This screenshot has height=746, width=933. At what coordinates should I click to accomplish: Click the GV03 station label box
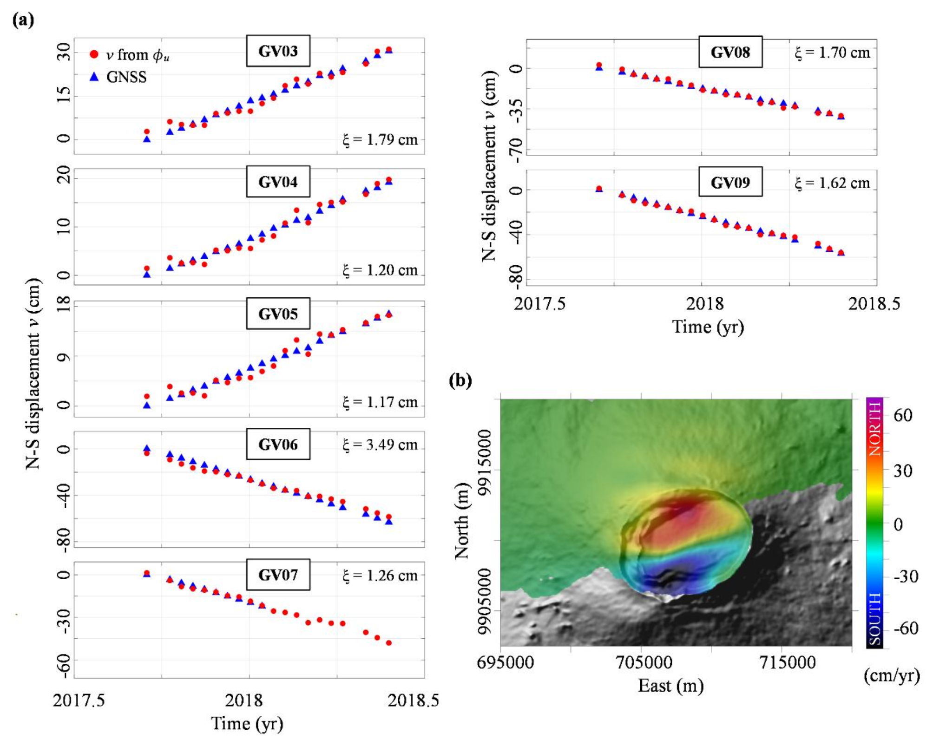click(x=278, y=51)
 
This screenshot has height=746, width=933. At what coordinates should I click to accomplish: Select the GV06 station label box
click(x=278, y=444)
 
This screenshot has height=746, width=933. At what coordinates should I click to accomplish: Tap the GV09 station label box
click(x=730, y=182)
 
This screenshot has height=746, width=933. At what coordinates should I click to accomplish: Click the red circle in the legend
click(x=94, y=54)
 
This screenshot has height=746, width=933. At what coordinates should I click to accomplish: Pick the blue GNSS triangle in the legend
click(x=94, y=77)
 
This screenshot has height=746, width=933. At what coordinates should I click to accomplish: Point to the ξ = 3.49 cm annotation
click(x=380, y=445)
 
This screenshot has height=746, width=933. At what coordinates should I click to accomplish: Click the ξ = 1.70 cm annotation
click(x=832, y=52)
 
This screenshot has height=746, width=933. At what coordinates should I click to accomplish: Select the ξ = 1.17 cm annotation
click(x=380, y=402)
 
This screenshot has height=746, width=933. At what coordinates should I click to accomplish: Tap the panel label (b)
click(x=460, y=380)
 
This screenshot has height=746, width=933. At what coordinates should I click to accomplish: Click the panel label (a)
click(x=23, y=20)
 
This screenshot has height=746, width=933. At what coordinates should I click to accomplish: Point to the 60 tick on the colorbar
click(x=902, y=415)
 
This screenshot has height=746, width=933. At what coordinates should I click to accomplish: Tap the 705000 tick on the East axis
click(x=644, y=662)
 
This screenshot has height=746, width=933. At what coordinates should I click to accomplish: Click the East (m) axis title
click(x=670, y=686)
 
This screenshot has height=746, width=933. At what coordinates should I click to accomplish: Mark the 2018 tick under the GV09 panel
click(x=704, y=304)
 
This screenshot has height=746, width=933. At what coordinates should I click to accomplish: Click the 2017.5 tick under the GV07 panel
click(x=79, y=700)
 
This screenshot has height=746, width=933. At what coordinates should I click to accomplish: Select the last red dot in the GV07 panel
click(x=389, y=643)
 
